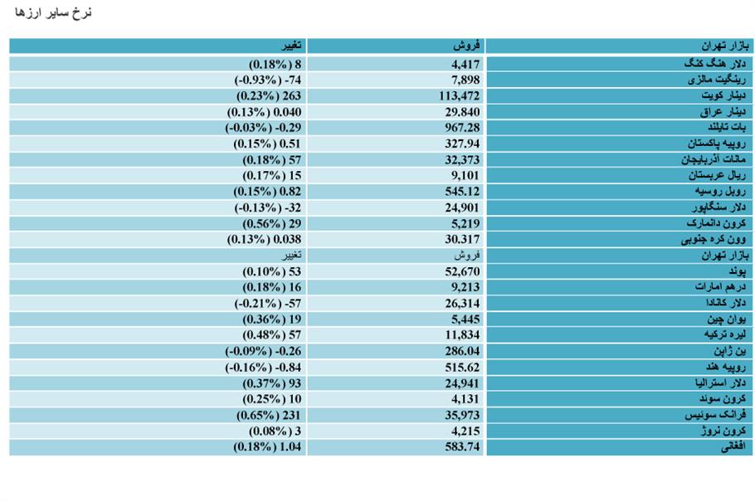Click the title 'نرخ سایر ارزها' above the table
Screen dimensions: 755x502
pyautogui.click(x=53, y=12)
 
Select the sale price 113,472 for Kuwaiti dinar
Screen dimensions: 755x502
pyautogui.click(x=459, y=96)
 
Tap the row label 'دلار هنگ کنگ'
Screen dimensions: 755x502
pyautogui.click(x=714, y=64)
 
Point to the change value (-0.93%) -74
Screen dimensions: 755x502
pyautogui.click(x=268, y=80)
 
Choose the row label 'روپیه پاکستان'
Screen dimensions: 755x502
pyautogui.click(x=717, y=144)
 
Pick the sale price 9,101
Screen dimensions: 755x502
pyautogui.click(x=465, y=175)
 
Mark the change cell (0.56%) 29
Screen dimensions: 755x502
pyautogui.click(x=271, y=223)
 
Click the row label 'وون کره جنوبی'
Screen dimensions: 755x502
pyautogui.click(x=714, y=240)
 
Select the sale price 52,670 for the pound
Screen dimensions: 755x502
pyautogui.click(x=462, y=271)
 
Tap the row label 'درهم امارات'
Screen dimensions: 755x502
pyautogui.click(x=720, y=287)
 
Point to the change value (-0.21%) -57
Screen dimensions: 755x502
pyautogui.click(x=268, y=304)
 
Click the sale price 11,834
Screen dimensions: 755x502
pyautogui.click(x=462, y=335)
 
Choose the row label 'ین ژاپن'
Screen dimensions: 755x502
pyautogui.click(x=729, y=351)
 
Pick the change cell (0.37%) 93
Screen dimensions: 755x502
pyautogui.click(x=271, y=383)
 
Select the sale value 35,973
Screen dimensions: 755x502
pyautogui.click(x=462, y=415)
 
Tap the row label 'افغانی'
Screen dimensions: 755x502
pyautogui.click(x=733, y=447)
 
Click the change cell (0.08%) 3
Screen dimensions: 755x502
pyautogui.click(x=275, y=431)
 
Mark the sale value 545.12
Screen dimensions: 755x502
pyautogui.click(x=462, y=192)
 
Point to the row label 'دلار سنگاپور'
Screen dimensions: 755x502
pyautogui.click(x=718, y=207)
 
